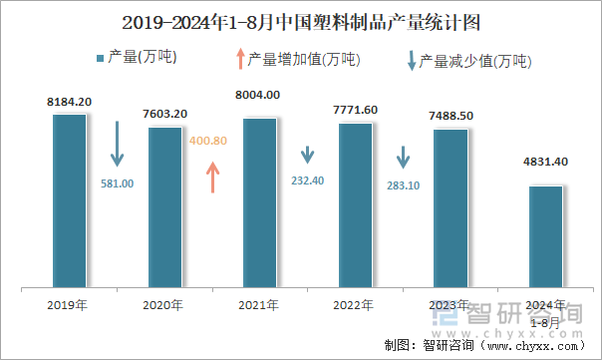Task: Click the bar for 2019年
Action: point(70,200)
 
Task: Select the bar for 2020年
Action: point(164,207)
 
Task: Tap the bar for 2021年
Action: point(259,202)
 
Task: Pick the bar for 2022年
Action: point(355,205)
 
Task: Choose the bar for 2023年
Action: point(450,208)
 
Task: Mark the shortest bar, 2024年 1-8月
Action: point(545,236)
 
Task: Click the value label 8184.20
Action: point(70,102)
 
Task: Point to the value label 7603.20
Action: point(164,115)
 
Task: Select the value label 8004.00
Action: point(259,95)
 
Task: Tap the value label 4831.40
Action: point(545,162)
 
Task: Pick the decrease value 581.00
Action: point(117,182)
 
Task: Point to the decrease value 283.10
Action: point(402,184)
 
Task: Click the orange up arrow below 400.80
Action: point(211,177)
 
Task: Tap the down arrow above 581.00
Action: point(117,145)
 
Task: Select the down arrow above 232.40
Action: point(308,157)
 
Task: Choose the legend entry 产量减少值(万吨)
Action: point(467,59)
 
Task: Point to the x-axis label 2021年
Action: point(259,305)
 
